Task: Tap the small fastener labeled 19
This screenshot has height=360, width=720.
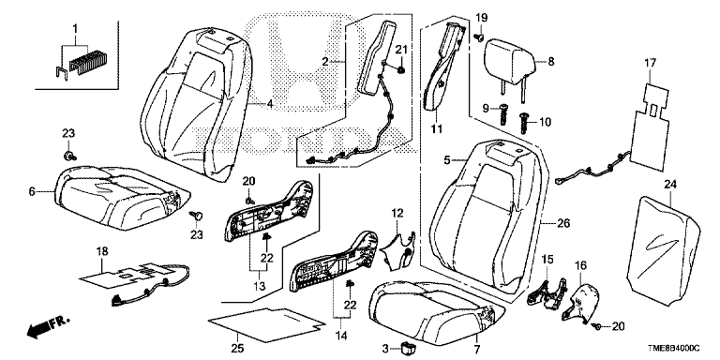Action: (479, 37)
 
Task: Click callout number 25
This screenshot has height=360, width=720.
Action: (237, 348)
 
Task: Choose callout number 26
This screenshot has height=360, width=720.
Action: (563, 224)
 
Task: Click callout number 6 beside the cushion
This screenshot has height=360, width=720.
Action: (32, 191)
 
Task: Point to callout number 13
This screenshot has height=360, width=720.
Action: (260, 288)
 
